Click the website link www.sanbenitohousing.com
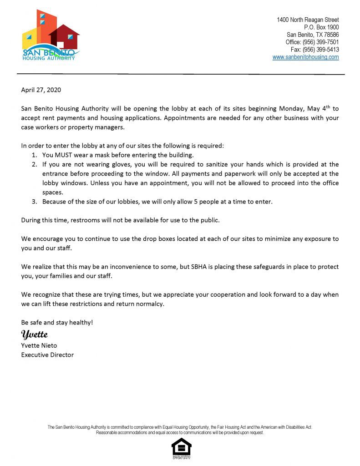pyautogui.click(x=305, y=57)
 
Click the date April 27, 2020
pyautogui.click(x=41, y=90)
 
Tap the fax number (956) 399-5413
pyautogui.click(x=315, y=50)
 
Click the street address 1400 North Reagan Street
pyautogui.click(x=308, y=20)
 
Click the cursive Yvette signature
pyautogui.click(x=35, y=335)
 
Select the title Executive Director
pyautogui.click(x=47, y=355)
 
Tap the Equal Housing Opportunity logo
pyautogui.click(x=181, y=448)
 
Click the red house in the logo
pyautogui.click(x=65, y=36)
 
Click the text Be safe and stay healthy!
pyautogui.click(x=57, y=322)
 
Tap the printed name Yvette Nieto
pyautogui.click(x=39, y=345)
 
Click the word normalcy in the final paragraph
pyautogui.click(x=148, y=304)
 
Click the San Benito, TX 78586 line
pyautogui.click(x=313, y=35)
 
